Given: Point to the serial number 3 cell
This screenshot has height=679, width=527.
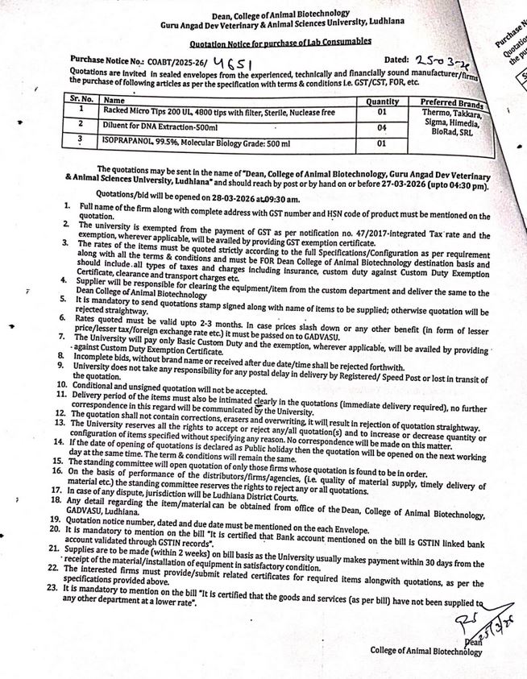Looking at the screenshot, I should pos(79,139).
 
